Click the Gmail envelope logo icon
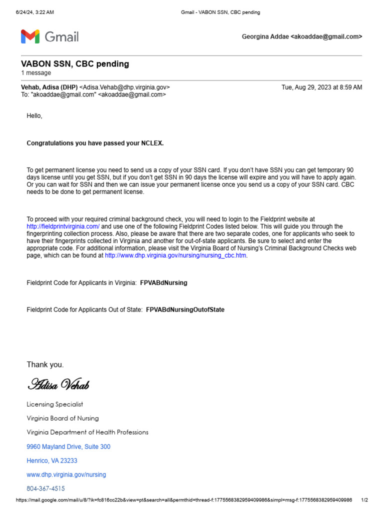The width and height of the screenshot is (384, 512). (x=29, y=36)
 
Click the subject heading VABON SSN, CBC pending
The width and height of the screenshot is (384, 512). (x=74, y=64)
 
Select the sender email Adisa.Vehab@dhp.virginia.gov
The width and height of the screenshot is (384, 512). (x=124, y=87)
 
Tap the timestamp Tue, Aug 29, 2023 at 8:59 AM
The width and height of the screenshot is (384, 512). (x=321, y=87)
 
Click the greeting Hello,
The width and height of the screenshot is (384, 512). (x=34, y=116)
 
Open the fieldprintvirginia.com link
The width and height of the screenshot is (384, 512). (x=63, y=226)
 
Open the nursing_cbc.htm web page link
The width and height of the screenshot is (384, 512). (x=176, y=255)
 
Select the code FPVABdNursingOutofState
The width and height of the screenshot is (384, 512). (x=185, y=310)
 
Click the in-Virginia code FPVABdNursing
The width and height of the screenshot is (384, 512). (x=163, y=283)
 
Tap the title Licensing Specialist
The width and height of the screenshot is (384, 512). (x=54, y=404)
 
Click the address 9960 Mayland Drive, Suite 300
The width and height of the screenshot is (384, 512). (x=68, y=446)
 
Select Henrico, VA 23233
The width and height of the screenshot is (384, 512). (x=52, y=460)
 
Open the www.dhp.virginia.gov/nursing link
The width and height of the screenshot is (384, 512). (x=66, y=474)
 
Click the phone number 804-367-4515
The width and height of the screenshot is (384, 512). (x=45, y=488)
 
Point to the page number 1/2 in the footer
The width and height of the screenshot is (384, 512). (x=364, y=500)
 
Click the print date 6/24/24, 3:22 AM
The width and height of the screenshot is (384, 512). (x=34, y=12)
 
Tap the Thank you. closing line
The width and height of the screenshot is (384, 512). (x=45, y=364)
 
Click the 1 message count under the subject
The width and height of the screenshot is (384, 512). (x=35, y=73)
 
